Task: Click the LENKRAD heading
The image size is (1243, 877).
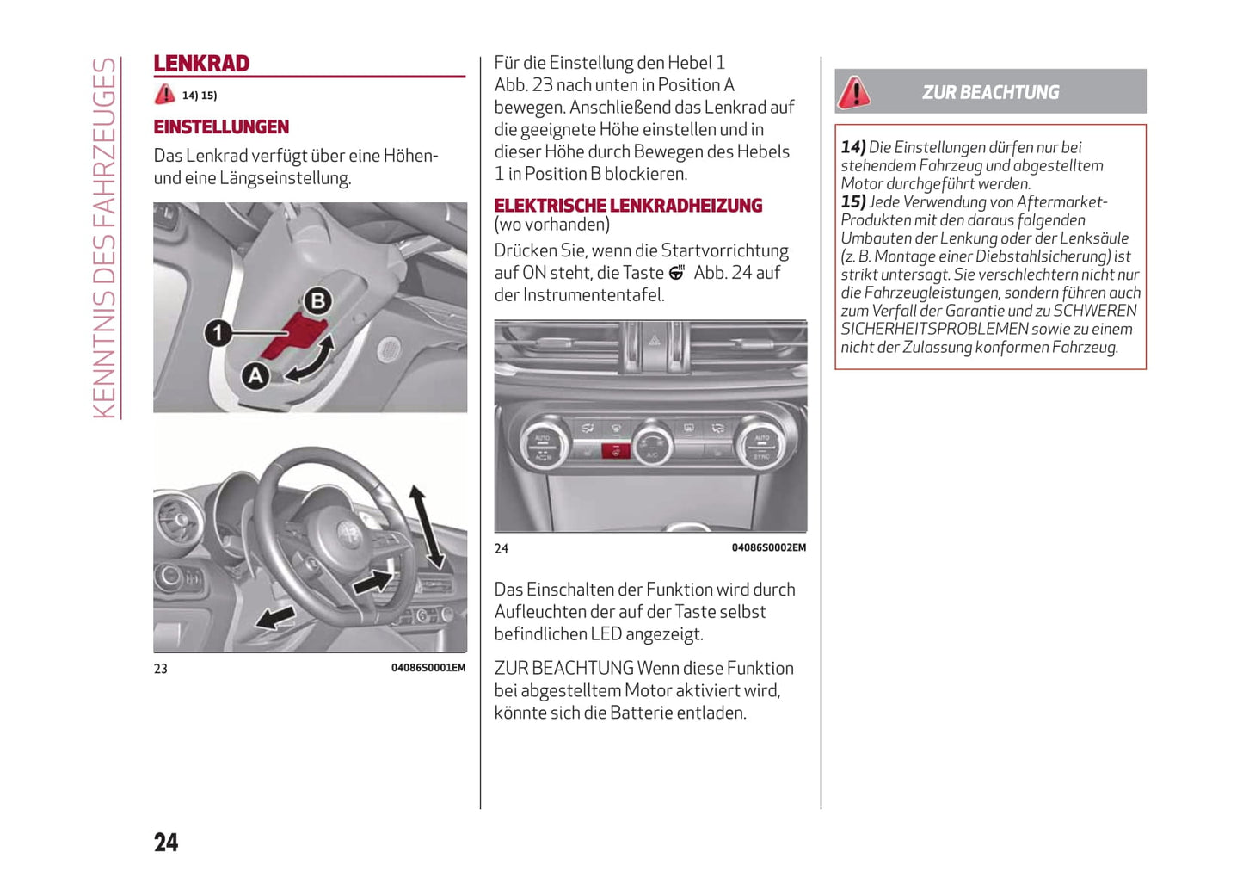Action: tap(201, 64)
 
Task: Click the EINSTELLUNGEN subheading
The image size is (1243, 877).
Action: tap(221, 127)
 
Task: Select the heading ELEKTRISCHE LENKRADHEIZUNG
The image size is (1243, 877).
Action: tap(628, 206)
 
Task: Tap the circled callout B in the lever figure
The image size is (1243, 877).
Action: tap(318, 301)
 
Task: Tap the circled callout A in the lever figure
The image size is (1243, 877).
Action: tap(255, 375)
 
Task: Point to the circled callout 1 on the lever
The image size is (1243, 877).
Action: tap(218, 332)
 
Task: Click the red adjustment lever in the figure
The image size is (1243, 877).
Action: tap(292, 335)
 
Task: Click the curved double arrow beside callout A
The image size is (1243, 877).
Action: tap(311, 359)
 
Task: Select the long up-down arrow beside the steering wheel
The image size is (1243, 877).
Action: tap(427, 527)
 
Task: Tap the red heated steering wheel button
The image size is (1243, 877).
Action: tap(615, 450)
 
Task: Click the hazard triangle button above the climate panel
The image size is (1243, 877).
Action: tap(654, 341)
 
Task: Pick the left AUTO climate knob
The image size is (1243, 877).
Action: tap(543, 444)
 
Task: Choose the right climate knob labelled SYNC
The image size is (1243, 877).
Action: tap(761, 444)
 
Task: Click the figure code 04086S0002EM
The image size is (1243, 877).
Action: tap(768, 547)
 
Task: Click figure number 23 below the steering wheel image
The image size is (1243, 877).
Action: tap(161, 669)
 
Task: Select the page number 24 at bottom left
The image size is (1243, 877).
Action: tap(166, 842)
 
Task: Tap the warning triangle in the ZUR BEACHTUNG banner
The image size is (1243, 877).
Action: tap(854, 92)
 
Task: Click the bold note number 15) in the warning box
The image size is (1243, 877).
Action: tap(853, 202)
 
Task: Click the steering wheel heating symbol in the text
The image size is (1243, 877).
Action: tap(677, 273)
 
